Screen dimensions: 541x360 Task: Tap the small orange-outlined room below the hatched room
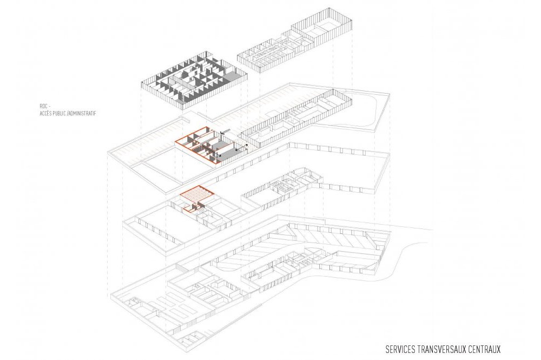pyautogui.click(x=190, y=208)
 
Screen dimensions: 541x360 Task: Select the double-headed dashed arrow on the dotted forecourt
pyautogui.click(x=241, y=148)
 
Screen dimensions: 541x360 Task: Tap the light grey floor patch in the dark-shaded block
pyautogui.click(x=232, y=76)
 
